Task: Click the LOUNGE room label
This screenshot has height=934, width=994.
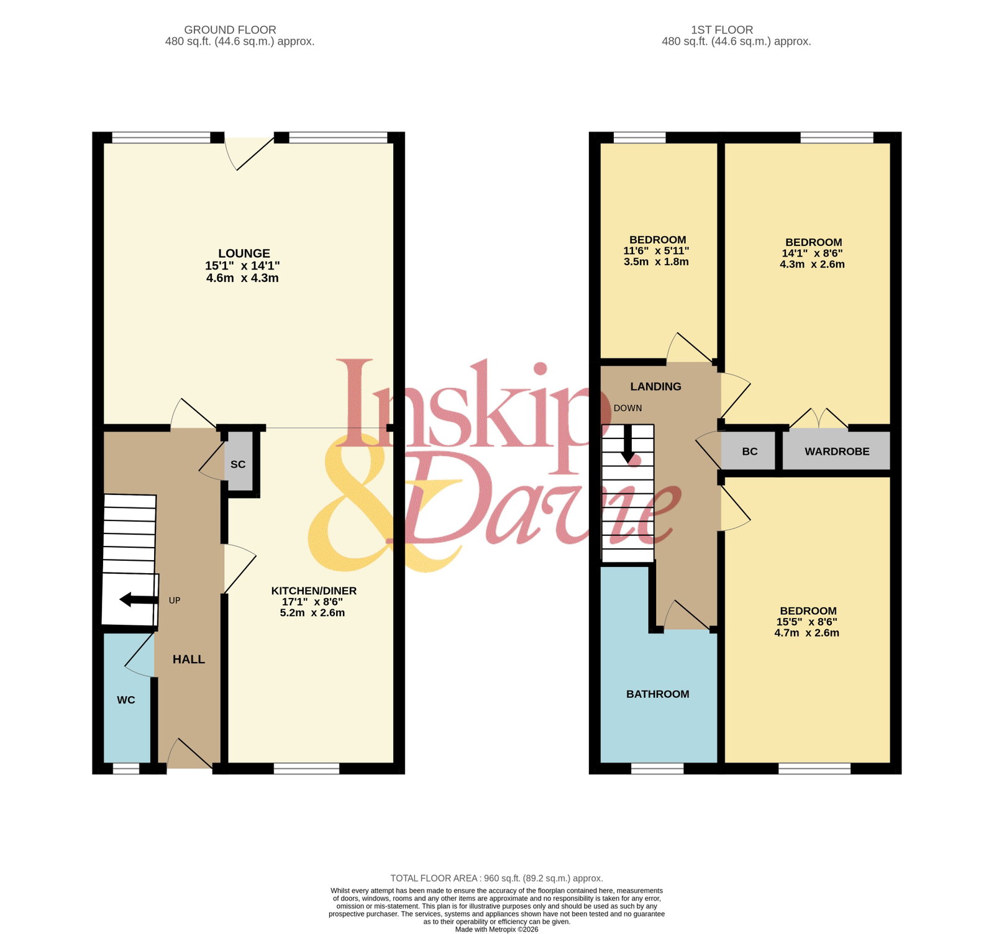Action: (244, 253)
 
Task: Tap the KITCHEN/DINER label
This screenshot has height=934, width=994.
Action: (314, 591)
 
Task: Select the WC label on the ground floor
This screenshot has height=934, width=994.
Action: (126, 700)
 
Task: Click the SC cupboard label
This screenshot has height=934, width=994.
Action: (238, 464)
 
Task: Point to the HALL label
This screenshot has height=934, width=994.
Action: (189, 660)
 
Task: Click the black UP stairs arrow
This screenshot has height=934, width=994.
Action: (139, 600)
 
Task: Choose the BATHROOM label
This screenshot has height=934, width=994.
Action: (658, 694)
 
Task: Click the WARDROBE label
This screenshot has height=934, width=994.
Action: (837, 451)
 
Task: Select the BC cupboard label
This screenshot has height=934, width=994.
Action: (750, 451)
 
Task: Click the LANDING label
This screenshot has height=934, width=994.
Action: (656, 386)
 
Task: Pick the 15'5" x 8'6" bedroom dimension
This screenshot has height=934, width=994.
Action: (807, 622)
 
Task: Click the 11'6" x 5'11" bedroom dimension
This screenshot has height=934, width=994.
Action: (657, 251)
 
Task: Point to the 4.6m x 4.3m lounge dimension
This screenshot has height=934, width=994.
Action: (242, 278)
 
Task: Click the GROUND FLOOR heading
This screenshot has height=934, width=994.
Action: (230, 30)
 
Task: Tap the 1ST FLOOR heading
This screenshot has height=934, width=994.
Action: (722, 30)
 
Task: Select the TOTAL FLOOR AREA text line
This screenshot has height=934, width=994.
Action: (497, 878)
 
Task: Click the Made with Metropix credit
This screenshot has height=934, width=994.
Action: (497, 930)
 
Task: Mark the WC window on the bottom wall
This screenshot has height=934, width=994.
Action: (126, 769)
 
